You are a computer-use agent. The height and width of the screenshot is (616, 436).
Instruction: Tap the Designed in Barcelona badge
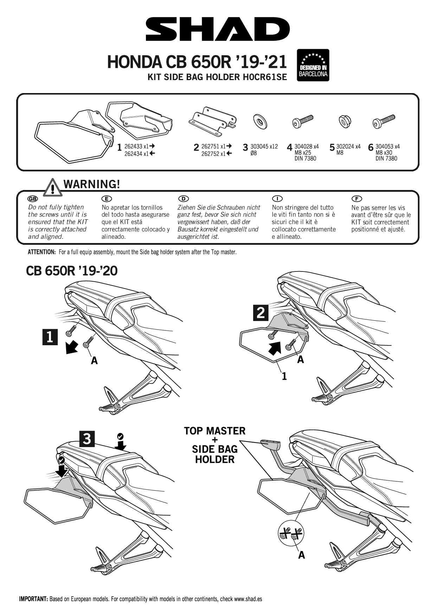pos(313,65)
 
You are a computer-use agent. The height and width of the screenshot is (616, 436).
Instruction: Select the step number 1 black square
pos(50,337)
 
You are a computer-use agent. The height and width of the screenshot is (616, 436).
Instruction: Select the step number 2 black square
pos(261,313)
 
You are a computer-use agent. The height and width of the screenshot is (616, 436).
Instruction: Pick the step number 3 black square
pos(87,439)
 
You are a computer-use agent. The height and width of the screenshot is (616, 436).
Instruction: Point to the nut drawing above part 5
pos(344,122)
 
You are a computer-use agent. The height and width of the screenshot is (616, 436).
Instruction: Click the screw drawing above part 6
pos(384,122)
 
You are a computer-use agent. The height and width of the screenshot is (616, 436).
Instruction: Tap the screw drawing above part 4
pos(302,122)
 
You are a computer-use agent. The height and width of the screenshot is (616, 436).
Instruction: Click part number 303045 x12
pos(264,146)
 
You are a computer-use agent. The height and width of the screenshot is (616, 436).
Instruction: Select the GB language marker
pos(32,199)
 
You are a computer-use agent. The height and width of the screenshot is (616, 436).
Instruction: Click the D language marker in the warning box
pos(184,199)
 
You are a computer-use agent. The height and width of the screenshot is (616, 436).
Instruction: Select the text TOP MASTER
pos(214,431)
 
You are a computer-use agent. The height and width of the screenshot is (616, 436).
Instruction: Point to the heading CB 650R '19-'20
pos(72,271)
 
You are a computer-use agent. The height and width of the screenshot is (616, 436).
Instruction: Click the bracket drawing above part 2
pos(212,122)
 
